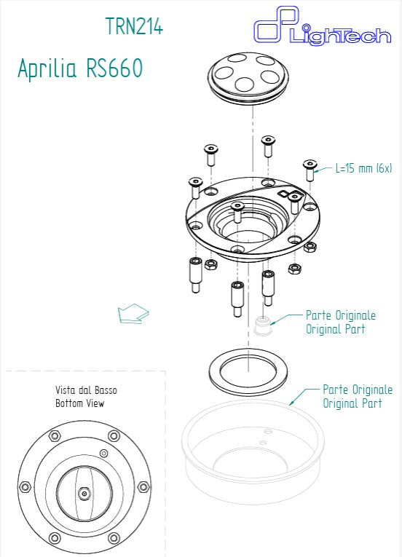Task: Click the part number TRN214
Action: pyautogui.click(x=134, y=26)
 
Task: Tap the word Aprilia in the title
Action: pyautogui.click(x=48, y=68)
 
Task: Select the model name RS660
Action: pyautogui.click(x=114, y=68)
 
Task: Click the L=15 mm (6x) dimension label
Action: pyautogui.click(x=363, y=168)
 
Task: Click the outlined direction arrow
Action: pyautogui.click(x=133, y=314)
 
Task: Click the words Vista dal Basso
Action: pyautogui.click(x=86, y=390)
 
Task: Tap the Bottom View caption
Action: pyautogui.click(x=80, y=403)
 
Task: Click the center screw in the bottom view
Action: pyautogui.click(x=84, y=493)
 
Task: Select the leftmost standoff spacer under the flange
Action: pyautogui.click(x=195, y=274)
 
